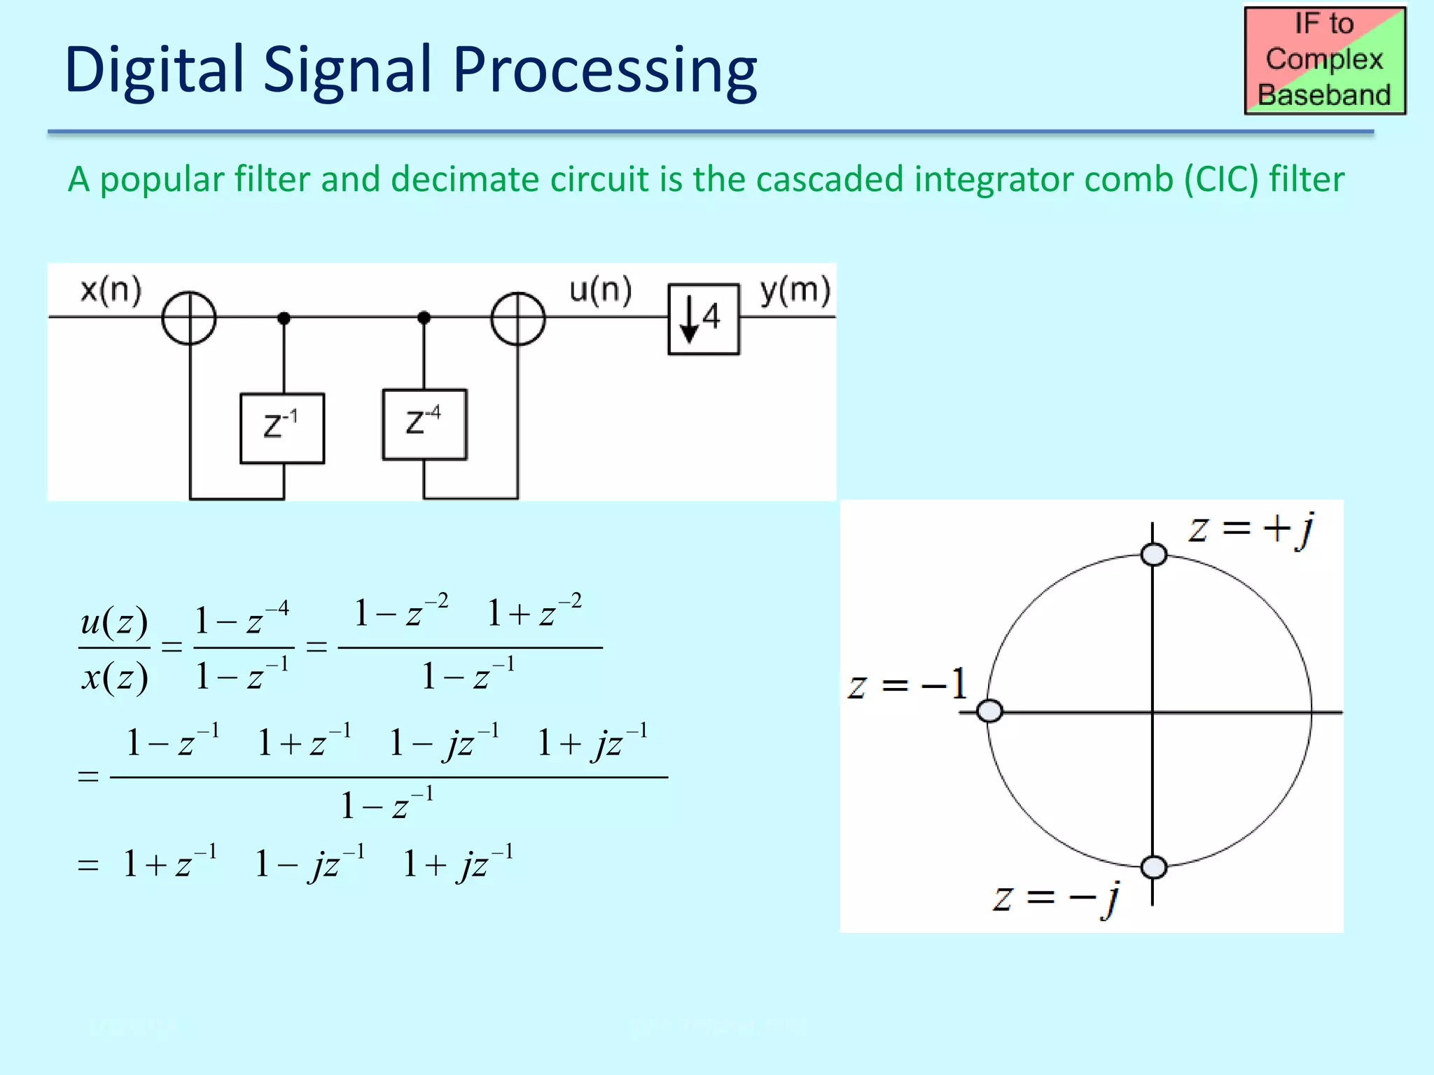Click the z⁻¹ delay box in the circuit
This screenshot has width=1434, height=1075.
tap(282, 428)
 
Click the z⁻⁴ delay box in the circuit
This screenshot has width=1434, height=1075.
tap(424, 424)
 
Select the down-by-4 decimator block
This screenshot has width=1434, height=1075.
tap(703, 318)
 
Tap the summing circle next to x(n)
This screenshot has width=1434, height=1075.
tap(189, 318)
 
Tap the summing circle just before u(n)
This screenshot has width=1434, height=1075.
tap(518, 318)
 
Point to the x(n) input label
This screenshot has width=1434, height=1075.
tap(111, 290)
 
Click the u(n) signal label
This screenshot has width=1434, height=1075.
tap(600, 290)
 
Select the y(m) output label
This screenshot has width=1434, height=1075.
tap(795, 290)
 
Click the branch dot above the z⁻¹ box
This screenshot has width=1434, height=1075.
tap(284, 318)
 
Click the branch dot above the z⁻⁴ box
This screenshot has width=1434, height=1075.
tap(424, 318)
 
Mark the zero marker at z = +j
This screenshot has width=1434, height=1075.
tap(1153, 555)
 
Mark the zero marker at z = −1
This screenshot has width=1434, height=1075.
tap(989, 711)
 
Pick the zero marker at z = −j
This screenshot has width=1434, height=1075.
tap(1153, 867)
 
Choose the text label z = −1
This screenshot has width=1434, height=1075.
tap(907, 684)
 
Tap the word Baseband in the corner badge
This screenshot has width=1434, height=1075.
tap(1324, 95)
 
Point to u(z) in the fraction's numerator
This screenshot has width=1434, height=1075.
tap(114, 621)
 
